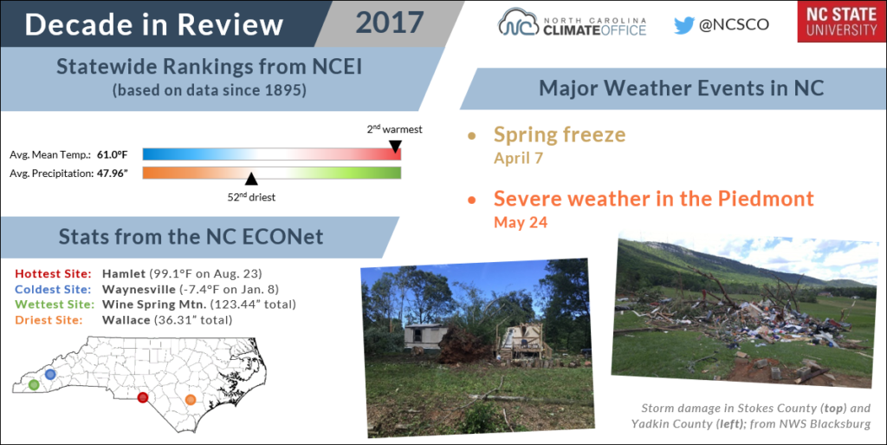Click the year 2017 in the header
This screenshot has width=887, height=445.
(x=390, y=23)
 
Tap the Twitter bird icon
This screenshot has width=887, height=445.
(x=684, y=25)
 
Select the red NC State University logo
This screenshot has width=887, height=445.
(x=841, y=22)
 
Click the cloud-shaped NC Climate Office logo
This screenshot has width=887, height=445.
(x=518, y=23)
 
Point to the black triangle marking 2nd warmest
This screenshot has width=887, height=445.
(x=395, y=147)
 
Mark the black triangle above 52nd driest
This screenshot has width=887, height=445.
(x=251, y=179)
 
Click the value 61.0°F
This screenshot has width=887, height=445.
(x=112, y=154)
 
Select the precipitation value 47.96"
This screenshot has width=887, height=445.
(x=112, y=173)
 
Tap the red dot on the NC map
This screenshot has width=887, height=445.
(x=143, y=397)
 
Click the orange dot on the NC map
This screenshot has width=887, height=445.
(x=191, y=400)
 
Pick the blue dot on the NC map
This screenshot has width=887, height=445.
(x=50, y=374)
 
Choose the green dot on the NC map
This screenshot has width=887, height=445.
(x=34, y=385)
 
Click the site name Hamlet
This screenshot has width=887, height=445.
(x=124, y=273)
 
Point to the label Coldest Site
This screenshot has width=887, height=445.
(x=53, y=290)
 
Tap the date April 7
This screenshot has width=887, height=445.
(x=518, y=158)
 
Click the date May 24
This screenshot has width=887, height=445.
(x=521, y=222)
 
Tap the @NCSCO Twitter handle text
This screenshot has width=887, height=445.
(x=734, y=24)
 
